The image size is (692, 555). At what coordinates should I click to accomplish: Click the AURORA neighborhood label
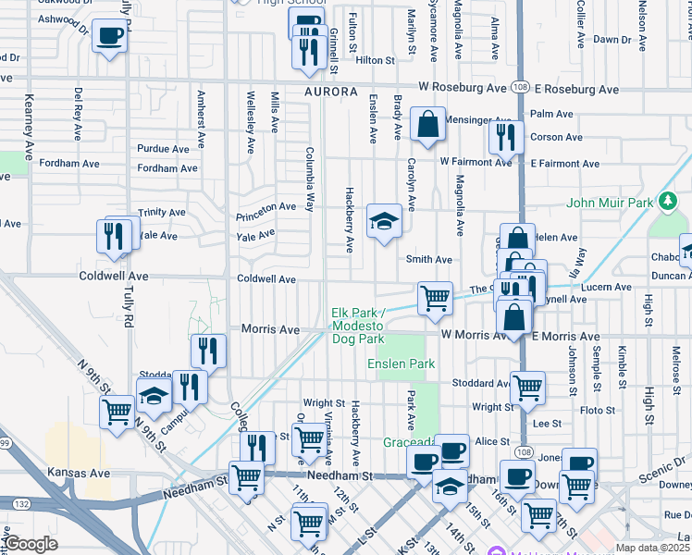330,92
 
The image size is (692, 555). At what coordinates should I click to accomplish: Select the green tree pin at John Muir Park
666,202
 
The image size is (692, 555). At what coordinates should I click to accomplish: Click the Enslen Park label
402,364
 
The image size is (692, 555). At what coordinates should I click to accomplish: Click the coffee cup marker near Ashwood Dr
109,38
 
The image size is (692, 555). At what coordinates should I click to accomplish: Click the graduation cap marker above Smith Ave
384,222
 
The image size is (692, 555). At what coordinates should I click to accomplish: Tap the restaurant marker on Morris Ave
208,351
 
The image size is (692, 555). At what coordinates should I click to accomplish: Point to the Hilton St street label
376,60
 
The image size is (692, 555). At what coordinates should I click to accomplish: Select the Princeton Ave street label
266,206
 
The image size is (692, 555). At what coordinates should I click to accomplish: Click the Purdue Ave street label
163,148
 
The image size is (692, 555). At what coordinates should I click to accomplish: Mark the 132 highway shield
20,503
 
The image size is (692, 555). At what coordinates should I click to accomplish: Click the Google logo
31,543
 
